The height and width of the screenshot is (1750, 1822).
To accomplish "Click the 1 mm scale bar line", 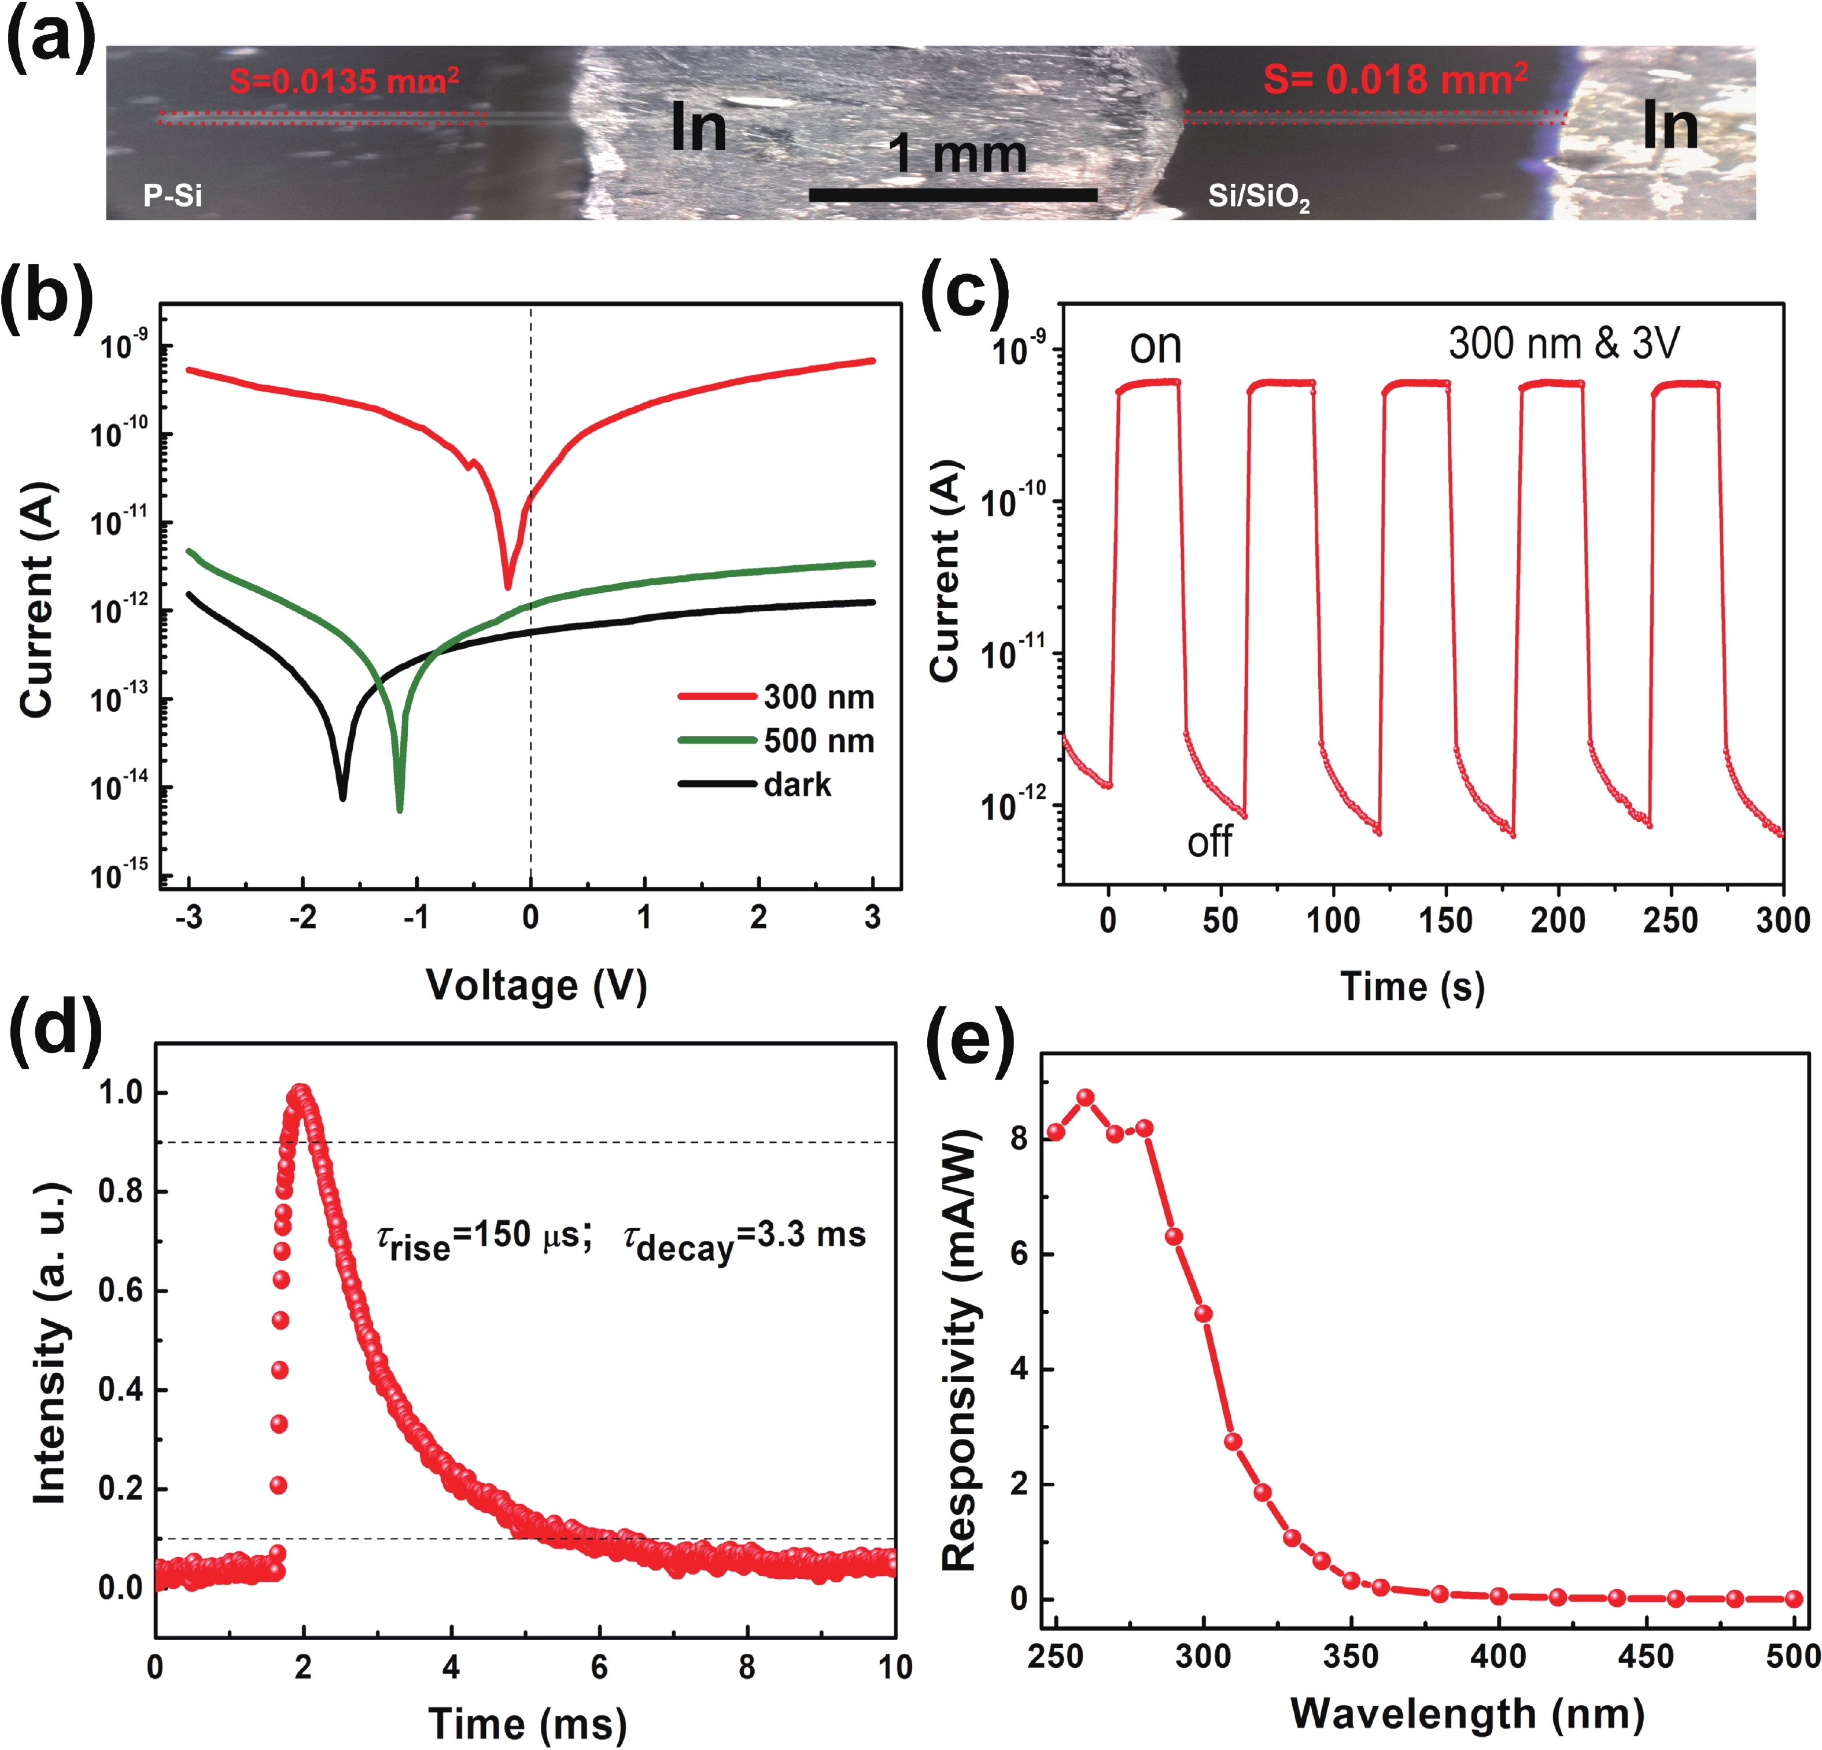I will (x=953, y=195).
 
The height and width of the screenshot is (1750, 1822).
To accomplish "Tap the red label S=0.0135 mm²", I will (x=344, y=81).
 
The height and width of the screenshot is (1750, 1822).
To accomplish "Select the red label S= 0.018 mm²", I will (x=1395, y=79).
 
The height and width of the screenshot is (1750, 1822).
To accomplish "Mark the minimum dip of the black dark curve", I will (x=342, y=796).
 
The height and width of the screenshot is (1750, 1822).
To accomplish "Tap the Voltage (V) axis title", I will (x=536, y=985).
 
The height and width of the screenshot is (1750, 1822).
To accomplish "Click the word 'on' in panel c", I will (x=1156, y=346).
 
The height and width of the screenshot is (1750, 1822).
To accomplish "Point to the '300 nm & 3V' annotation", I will (x=1563, y=344).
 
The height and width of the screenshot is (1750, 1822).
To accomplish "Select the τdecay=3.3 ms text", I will (x=744, y=1239).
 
